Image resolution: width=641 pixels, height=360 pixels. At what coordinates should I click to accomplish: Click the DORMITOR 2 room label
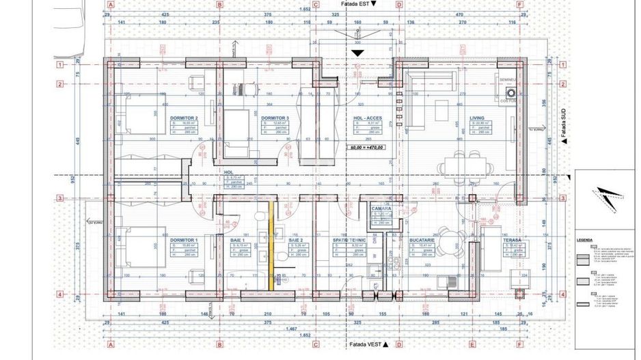pyautogui.click(x=184, y=117)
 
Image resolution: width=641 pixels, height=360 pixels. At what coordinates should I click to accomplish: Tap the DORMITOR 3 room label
pyautogui.click(x=275, y=117)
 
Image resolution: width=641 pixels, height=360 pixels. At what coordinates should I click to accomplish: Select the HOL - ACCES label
pyautogui.click(x=366, y=117)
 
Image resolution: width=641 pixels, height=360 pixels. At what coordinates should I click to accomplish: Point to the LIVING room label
pyautogui.click(x=477, y=117)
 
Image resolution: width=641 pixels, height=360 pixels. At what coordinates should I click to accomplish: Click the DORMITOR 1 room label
pyautogui.click(x=184, y=240)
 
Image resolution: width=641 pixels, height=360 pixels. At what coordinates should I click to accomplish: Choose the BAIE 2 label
pyautogui.click(x=296, y=240)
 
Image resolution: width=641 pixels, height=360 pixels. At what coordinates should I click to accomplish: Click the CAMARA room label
pyautogui.click(x=381, y=208)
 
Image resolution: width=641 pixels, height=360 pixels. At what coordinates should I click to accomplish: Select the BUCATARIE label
pyautogui.click(x=422, y=240)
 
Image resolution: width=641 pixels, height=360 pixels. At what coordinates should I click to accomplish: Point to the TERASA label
pyautogui.click(x=511, y=240)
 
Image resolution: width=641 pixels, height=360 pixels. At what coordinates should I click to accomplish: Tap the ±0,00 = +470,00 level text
pyautogui.click(x=366, y=147)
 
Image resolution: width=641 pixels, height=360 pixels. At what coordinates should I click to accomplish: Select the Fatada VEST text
pyautogui.click(x=364, y=345)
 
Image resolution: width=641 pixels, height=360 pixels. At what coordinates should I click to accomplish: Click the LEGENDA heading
pyautogui.click(x=585, y=241)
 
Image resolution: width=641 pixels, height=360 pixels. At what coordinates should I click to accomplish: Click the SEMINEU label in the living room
pyautogui.click(x=506, y=80)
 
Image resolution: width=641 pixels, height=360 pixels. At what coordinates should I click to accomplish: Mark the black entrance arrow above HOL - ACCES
pyautogui.click(x=358, y=52)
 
